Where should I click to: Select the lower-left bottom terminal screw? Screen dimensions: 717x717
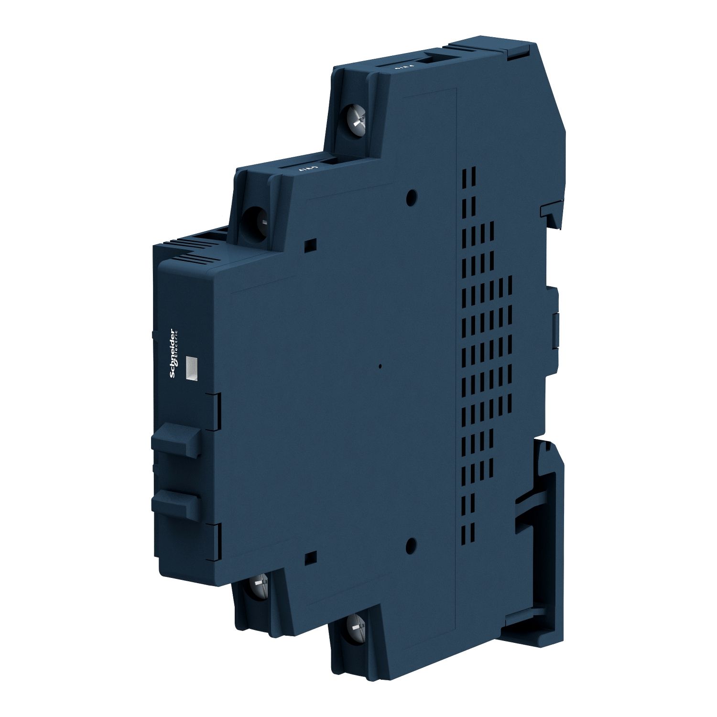(257, 586)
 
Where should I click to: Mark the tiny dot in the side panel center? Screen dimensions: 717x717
(380, 367)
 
